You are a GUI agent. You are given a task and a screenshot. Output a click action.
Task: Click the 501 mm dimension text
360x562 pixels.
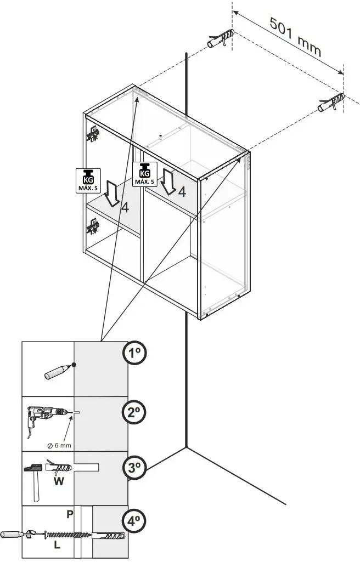pyautogui.click(x=295, y=37)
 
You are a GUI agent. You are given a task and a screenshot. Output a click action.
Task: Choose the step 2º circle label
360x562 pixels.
pyautogui.click(x=134, y=412)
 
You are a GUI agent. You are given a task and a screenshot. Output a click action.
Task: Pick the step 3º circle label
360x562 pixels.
pyautogui.click(x=134, y=468)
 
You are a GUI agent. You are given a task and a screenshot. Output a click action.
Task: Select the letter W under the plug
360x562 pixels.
pyautogui.click(x=59, y=482)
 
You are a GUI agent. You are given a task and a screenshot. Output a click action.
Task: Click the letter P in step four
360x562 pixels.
pyautogui.click(x=70, y=514)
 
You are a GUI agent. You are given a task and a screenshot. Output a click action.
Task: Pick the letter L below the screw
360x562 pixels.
pyautogui.click(x=57, y=547)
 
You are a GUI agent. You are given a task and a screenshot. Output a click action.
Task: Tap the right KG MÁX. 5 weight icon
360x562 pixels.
pyautogui.click(x=144, y=173)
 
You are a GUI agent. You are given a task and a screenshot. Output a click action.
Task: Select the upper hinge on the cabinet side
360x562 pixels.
pyautogui.click(x=93, y=133)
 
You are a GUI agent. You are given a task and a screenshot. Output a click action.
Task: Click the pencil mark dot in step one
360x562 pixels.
pyautogui.click(x=74, y=365)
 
